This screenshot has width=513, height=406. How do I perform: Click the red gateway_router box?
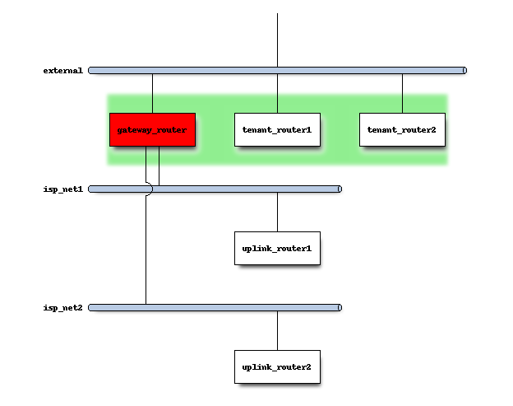click(152, 129)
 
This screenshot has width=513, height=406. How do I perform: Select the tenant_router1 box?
click(277, 129)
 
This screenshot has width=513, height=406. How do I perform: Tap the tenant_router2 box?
click(402, 129)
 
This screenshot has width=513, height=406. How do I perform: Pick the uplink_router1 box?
click(277, 248)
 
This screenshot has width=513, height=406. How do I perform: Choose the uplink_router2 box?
click(277, 366)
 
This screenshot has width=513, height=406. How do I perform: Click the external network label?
click(62, 71)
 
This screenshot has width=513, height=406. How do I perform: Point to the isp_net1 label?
click(62, 189)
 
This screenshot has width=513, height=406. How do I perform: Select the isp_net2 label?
click(62, 308)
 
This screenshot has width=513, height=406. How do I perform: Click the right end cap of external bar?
click(464, 71)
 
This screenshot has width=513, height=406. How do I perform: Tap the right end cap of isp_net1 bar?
click(339, 189)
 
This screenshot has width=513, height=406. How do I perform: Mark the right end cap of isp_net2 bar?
click(339, 308)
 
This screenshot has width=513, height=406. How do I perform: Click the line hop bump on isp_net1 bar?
click(147, 189)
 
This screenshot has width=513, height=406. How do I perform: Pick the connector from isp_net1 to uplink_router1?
click(277, 212)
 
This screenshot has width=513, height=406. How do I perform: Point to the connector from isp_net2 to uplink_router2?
click(277, 330)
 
